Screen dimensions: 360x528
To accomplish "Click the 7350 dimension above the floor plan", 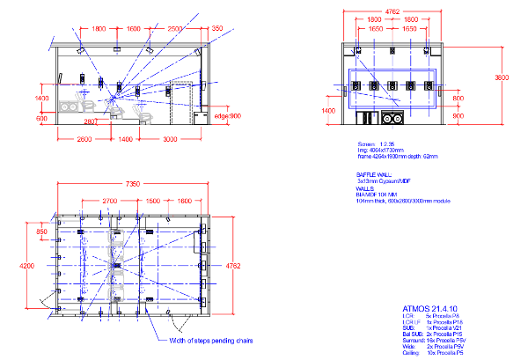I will point(132,183).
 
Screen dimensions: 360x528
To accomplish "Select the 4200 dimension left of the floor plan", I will point(27,264).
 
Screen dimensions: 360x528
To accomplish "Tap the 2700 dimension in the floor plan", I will point(110,202).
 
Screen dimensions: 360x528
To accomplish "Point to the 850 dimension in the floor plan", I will point(41,232).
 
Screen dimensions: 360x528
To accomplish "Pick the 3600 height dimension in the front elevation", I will point(502,77).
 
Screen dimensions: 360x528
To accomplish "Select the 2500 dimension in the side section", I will point(176,29).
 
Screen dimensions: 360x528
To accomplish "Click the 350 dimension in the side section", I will point(216,29).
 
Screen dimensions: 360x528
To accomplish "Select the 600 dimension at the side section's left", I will point(41,118).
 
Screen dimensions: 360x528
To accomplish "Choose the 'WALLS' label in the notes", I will point(365,187).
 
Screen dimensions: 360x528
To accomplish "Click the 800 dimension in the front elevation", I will point(458,99).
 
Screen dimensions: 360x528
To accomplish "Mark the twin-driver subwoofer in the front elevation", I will point(390,117).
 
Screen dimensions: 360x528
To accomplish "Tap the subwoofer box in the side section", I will point(68,107).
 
